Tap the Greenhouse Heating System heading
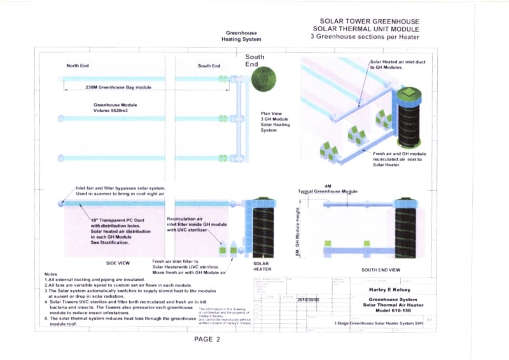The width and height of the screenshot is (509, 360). pyautogui.click(x=241, y=36)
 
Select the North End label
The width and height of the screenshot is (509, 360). pyautogui.click(x=78, y=66)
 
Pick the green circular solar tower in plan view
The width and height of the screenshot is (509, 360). pyautogui.click(x=263, y=80)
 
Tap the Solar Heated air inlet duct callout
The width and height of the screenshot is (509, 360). pyautogui.click(x=394, y=64)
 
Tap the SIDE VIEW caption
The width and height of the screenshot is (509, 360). pyautogui.click(x=118, y=263)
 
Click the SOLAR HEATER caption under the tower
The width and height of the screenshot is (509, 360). pyautogui.click(x=261, y=267)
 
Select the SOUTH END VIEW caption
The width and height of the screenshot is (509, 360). pyautogui.click(x=381, y=270)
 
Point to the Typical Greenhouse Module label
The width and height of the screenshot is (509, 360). pyautogui.click(x=328, y=191)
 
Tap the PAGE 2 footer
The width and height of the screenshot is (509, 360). pyautogui.click(x=207, y=339)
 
